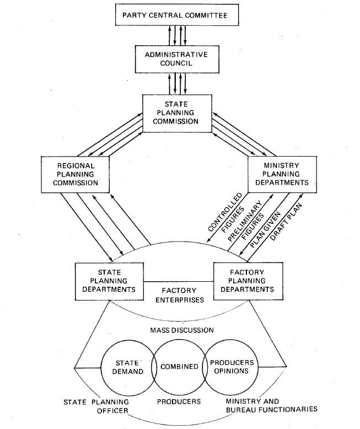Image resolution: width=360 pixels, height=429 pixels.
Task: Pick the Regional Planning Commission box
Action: pos(76,174)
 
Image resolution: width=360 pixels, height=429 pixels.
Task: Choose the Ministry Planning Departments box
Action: pos(282,173)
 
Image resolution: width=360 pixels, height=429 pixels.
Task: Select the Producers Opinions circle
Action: pos(232,367)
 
